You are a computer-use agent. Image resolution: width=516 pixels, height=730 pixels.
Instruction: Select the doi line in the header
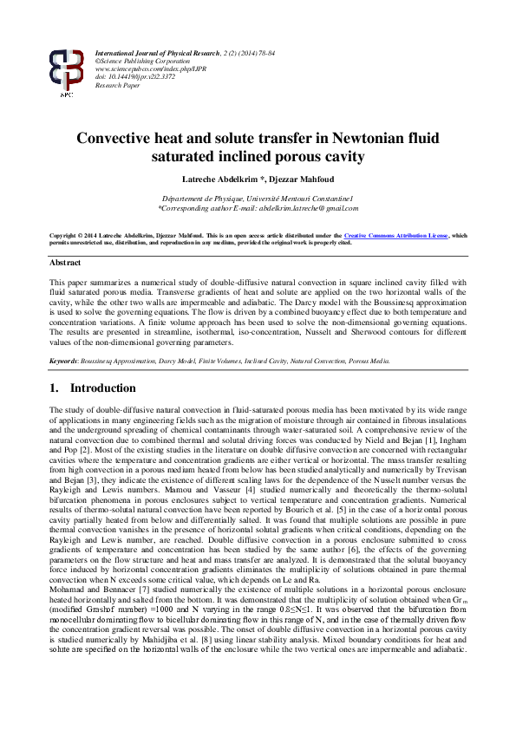coord(134,78)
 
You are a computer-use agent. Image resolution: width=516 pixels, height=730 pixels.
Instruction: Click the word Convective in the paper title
coord(116,139)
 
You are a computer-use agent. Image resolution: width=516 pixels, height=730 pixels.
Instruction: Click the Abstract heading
coord(65,262)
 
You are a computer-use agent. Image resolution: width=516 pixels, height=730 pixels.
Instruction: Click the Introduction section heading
coord(103,388)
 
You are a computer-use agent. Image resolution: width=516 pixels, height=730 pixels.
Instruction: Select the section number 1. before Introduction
coord(55,388)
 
